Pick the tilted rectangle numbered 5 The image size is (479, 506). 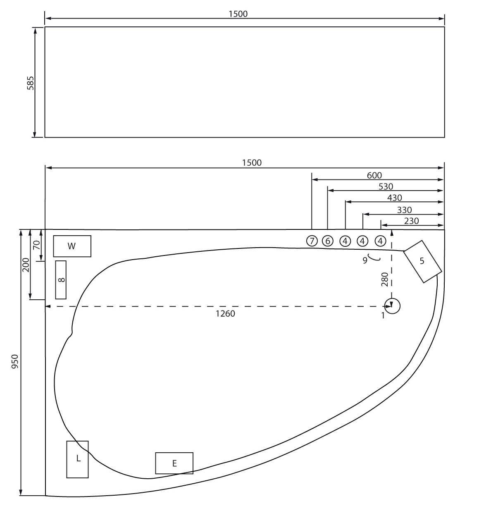pos(423,262)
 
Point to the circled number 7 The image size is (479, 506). pos(312,241)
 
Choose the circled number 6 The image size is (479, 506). pos(328,241)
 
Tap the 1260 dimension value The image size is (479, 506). pos(225,313)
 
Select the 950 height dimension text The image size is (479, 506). pos(15,361)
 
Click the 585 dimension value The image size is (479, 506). pos(30,83)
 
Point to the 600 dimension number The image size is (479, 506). pos(374,175)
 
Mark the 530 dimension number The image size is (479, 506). pos(386,186)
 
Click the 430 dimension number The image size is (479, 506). pos(395,198)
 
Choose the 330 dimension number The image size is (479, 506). pos(404,210)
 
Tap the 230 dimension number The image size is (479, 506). pos(411,221)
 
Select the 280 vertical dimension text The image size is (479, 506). pos(384,279)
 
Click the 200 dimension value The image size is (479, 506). pos(26,265)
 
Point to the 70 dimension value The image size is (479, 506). pos(36,245)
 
